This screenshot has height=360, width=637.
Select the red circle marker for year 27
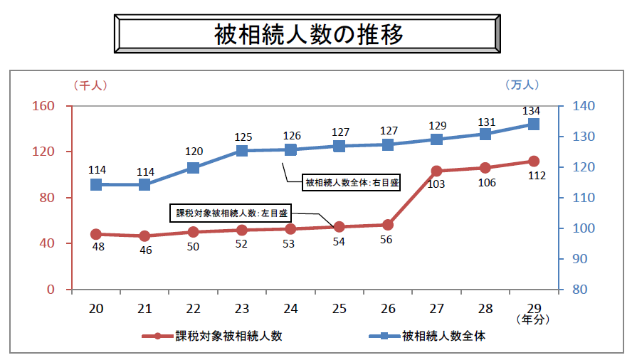436,171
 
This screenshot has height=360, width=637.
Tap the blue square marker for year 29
533,125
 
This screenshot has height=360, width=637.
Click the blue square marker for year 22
194,168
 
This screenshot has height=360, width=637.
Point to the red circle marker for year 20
96,234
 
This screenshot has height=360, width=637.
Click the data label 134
531,111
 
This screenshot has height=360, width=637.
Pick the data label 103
436,184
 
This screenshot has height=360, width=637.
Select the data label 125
242,137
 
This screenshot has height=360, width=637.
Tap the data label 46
144,250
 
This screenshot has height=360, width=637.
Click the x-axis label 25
339,307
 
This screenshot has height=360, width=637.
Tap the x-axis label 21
144,307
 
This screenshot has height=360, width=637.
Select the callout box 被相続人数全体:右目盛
352,183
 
